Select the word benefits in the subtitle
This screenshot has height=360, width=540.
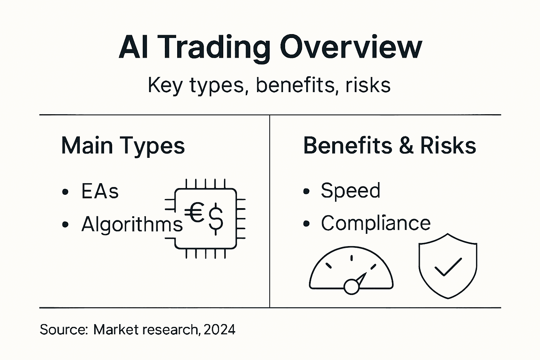pos(295,85)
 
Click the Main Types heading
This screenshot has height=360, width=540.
pos(123,146)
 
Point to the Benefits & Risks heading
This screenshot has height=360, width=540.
pos(390,146)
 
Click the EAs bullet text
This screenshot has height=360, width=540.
pos(100,192)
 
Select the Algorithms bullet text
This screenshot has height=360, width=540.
pos(132,224)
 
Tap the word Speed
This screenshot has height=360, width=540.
pos(350,191)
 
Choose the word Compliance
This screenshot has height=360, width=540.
pos(375,223)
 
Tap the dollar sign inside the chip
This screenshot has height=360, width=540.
pos(216,220)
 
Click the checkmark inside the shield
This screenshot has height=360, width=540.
pos(448,267)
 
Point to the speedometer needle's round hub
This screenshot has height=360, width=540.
pos(351,287)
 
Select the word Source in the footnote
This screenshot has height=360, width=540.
pos(63,330)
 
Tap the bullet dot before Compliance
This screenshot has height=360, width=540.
pos(306,224)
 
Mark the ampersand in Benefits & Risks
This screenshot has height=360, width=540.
pos(406,146)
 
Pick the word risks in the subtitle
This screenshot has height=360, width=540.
pos(368,85)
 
